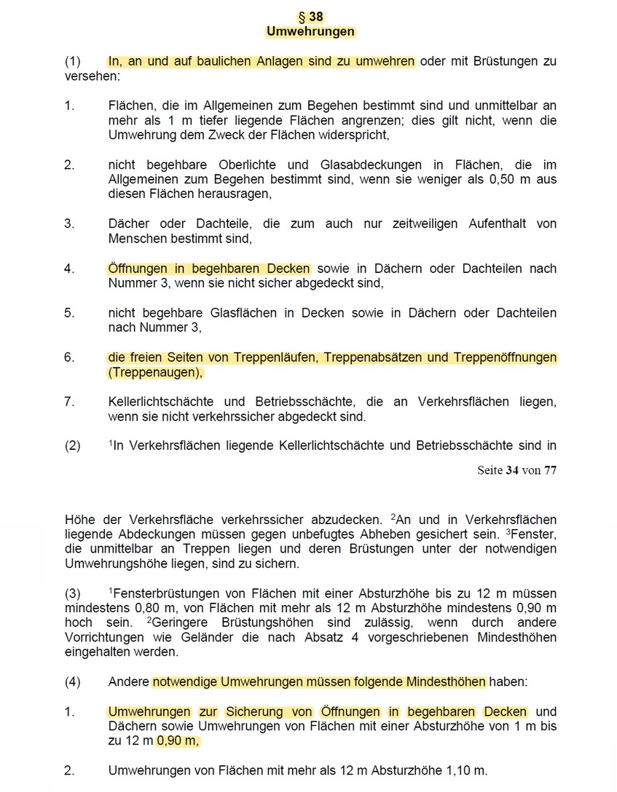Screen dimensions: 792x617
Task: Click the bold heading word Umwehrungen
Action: [x=310, y=31]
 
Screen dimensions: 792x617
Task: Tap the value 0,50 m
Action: [x=506, y=179]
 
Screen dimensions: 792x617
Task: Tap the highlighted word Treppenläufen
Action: [x=278, y=357]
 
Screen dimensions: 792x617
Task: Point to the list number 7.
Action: [x=69, y=402]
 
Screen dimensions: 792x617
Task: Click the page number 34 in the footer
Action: [x=511, y=470]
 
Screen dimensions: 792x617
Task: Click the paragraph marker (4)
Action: [x=72, y=682]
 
